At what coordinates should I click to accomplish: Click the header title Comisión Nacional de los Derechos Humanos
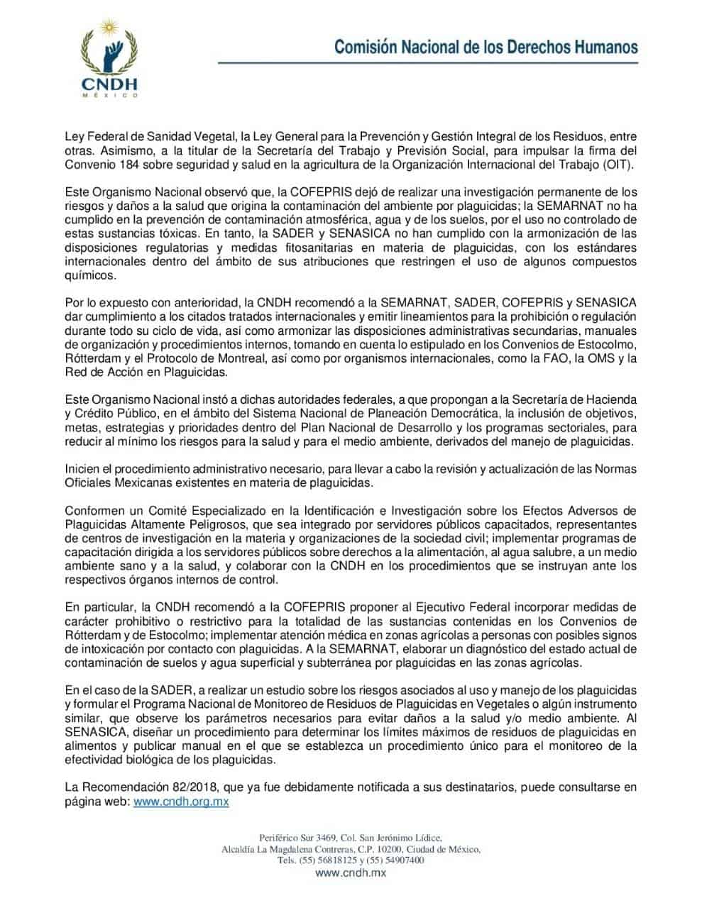pyautogui.click(x=486, y=48)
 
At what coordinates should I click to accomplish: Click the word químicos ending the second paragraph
pyautogui.click(x=87, y=275)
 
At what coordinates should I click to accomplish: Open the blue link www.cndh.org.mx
pyautogui.click(x=181, y=801)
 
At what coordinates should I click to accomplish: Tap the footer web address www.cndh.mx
pyautogui.click(x=351, y=873)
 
